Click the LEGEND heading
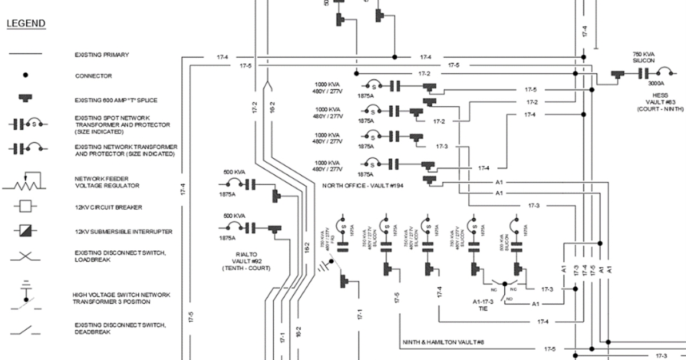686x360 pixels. click(x=26, y=23)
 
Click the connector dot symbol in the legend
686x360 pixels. click(x=25, y=75)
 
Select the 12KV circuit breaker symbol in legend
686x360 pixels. click(x=25, y=206)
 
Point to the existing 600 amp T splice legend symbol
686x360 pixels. click(x=25, y=99)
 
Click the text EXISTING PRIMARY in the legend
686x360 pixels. click(x=102, y=55)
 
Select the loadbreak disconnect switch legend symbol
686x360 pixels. click(x=25, y=255)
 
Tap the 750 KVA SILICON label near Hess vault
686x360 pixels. click(x=644, y=57)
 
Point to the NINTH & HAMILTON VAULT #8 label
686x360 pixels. click(x=443, y=342)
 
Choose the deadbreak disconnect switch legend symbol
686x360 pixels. click(x=25, y=329)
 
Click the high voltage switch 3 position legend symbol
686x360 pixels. click(x=25, y=296)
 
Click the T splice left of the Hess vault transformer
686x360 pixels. click(x=617, y=74)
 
